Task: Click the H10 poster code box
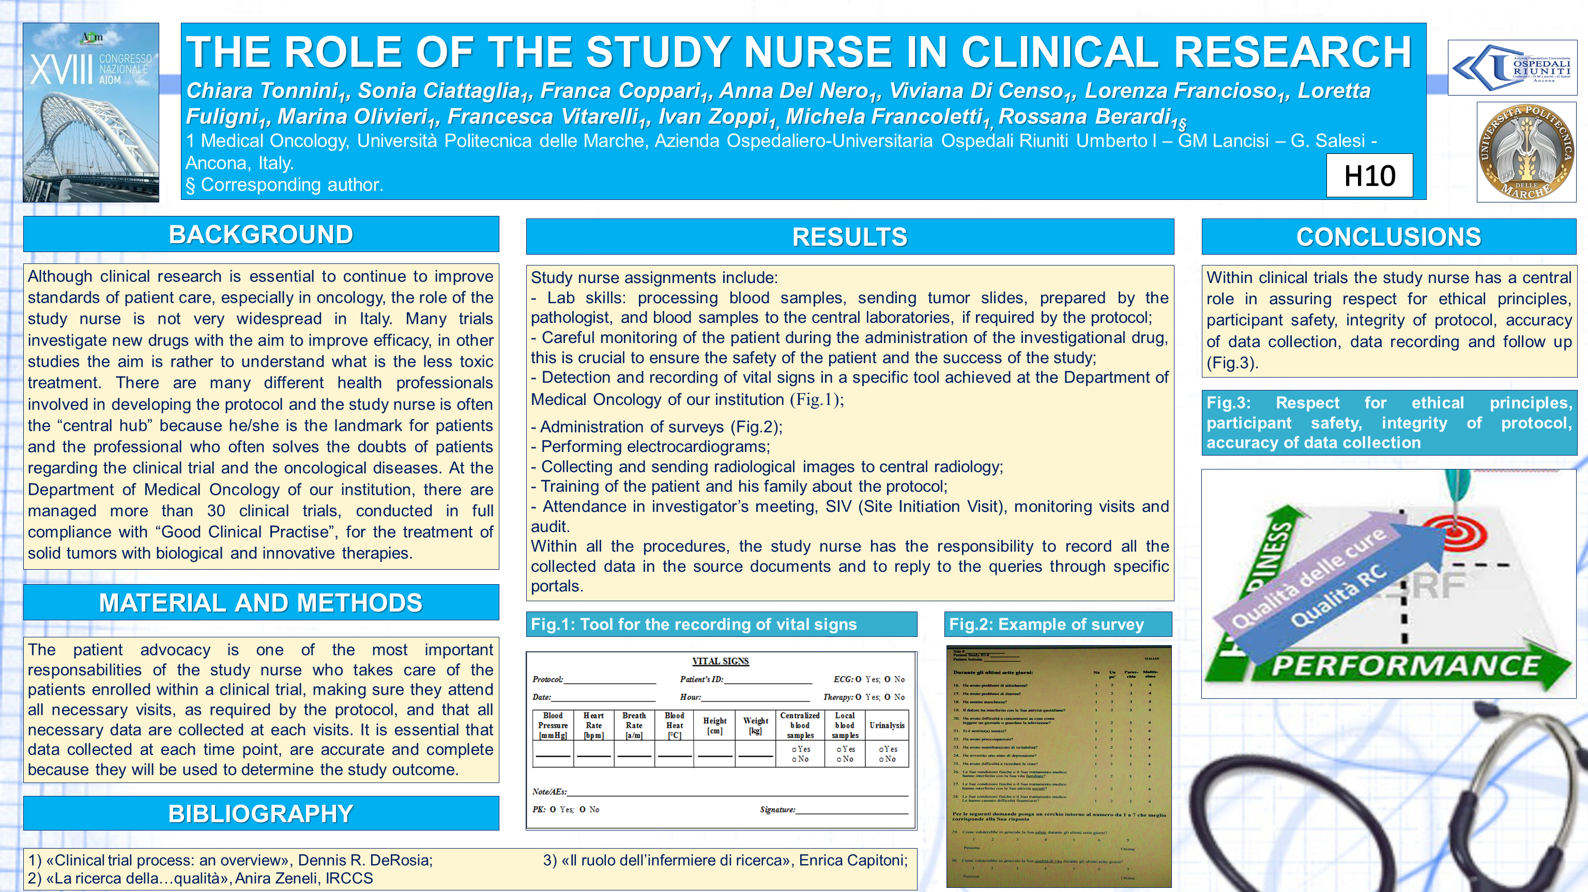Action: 1369,176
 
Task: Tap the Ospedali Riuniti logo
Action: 1512,68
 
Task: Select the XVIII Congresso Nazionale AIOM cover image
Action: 90,113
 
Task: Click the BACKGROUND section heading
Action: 261,234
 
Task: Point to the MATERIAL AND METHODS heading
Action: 261,602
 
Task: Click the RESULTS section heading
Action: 849,237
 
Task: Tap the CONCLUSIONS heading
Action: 1388,237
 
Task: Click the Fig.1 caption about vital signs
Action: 694,624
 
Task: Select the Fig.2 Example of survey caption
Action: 1046,624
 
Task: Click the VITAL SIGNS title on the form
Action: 720,661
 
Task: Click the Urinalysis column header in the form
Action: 887,725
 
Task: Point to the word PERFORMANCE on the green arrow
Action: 1406,666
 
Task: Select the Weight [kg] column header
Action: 755,725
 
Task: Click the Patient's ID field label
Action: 701,679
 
